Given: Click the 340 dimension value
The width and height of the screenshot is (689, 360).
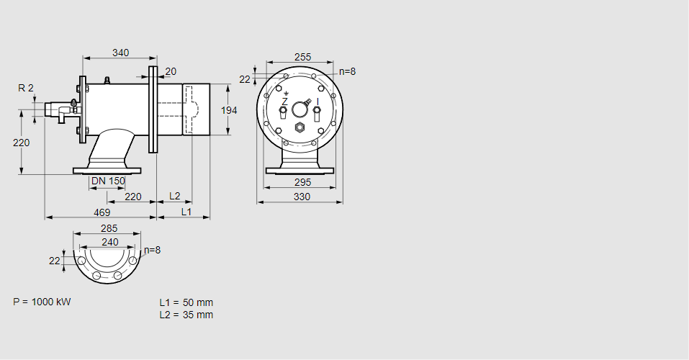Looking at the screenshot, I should click(x=121, y=53).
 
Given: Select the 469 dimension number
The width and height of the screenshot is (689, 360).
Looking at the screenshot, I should click(x=102, y=212).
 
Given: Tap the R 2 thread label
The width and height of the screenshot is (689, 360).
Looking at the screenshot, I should click(x=26, y=88).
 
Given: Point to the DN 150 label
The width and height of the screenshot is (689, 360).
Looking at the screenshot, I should click(x=108, y=181).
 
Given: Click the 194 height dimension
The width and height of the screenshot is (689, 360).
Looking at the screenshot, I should click(x=228, y=110).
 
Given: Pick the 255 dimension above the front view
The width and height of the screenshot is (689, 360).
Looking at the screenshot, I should click(x=303, y=58).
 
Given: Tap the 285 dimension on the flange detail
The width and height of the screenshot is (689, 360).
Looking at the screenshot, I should click(x=109, y=229).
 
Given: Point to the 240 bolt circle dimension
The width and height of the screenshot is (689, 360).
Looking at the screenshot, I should click(x=109, y=242).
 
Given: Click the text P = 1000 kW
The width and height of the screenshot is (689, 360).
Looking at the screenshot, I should click(x=42, y=302).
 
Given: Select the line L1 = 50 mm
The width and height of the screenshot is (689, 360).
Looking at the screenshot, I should click(x=186, y=302).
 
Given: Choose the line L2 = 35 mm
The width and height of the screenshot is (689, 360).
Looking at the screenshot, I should click(x=186, y=315).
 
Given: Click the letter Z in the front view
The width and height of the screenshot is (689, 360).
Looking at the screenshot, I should click(x=284, y=103).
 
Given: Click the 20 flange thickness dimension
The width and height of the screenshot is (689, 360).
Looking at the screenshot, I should click(x=171, y=71).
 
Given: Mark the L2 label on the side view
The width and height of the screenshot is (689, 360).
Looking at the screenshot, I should click(x=175, y=196).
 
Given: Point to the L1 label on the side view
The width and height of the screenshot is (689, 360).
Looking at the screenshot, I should click(x=186, y=212).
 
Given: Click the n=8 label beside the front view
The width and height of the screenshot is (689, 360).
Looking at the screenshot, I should click(x=348, y=71).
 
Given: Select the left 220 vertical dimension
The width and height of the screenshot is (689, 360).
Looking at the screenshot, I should click(x=22, y=143).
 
